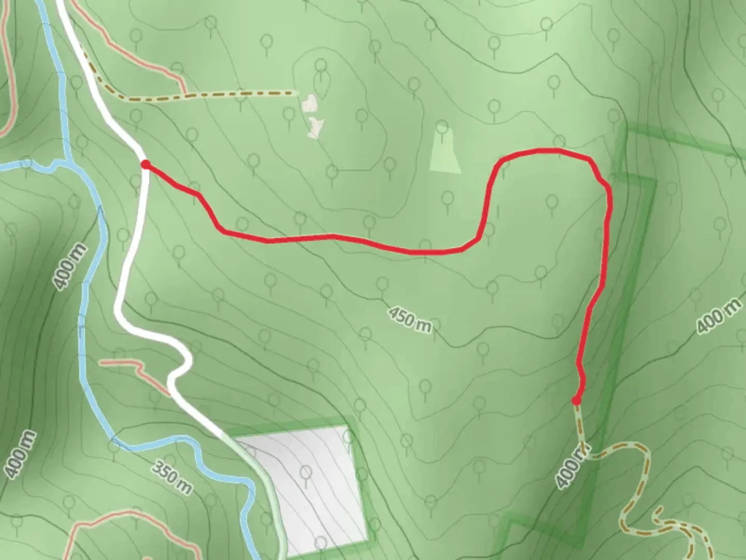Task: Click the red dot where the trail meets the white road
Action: (146, 165)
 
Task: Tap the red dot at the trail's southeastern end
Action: (576, 400)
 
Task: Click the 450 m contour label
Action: (409, 318)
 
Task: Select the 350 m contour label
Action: (172, 478)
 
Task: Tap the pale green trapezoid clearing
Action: (446, 153)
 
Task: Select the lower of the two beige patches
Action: (315, 127)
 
